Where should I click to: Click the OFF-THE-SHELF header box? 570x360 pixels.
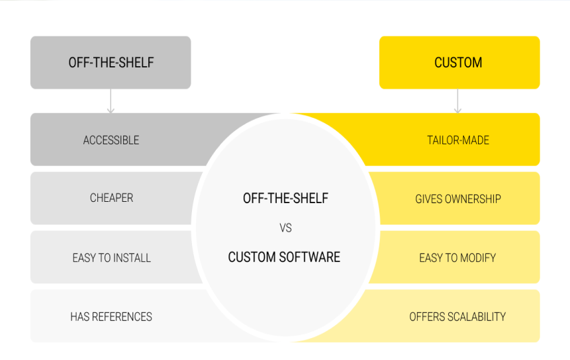coord(111,63)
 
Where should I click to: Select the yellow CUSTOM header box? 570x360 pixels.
coord(459,63)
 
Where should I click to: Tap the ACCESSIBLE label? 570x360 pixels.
coord(111,140)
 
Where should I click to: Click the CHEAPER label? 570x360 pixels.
coord(111,198)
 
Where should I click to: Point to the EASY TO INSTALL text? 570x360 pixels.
coord(111,258)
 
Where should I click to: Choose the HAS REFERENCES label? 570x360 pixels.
coord(111,317)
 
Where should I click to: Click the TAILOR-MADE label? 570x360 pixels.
coord(457,140)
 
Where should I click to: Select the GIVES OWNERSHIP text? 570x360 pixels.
coord(457,199)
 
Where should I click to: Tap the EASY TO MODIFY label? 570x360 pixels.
coord(457,258)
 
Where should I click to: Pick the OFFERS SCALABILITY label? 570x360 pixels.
coord(457,317)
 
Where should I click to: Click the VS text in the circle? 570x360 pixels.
coord(285,228)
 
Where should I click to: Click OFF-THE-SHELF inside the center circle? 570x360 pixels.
coord(285,198)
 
